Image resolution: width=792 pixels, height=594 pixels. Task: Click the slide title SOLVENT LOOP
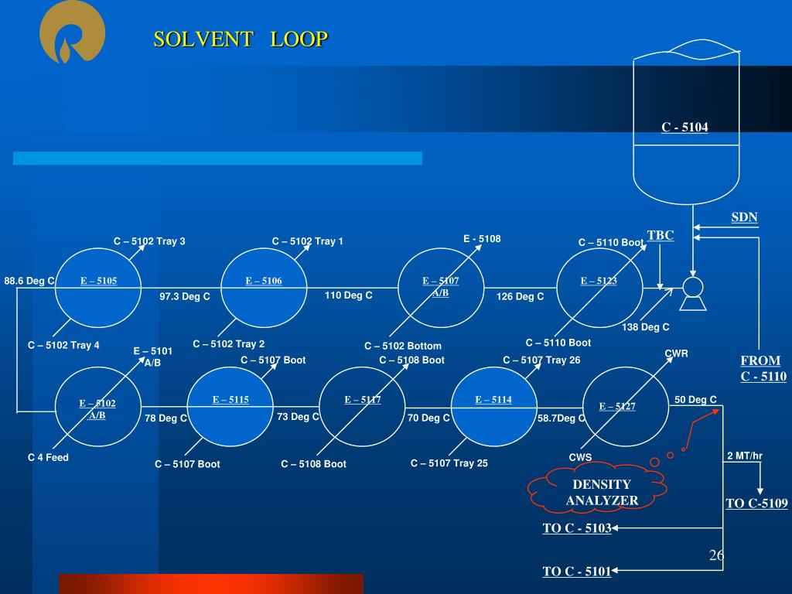(x=241, y=39)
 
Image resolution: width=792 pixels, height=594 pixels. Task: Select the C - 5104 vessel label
(x=684, y=127)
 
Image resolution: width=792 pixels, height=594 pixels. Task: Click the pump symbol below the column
(x=692, y=290)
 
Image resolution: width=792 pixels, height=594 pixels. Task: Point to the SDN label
(x=744, y=217)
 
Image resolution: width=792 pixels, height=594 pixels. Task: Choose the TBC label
(x=661, y=235)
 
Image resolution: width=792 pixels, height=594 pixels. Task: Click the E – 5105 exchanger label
(x=98, y=281)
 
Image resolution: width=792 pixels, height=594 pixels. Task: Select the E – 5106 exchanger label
(x=264, y=281)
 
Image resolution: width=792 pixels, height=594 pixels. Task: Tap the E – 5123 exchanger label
(x=599, y=281)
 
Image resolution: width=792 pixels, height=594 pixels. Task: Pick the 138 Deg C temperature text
(x=646, y=327)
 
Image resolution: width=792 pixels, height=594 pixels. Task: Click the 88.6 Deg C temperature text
(x=29, y=281)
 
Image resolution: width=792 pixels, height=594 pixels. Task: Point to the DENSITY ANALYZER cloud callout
(x=601, y=492)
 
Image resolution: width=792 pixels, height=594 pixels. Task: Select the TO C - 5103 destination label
(x=577, y=528)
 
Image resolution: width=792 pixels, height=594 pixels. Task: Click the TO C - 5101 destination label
(x=577, y=572)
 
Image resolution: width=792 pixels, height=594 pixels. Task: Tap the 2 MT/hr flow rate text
(x=745, y=456)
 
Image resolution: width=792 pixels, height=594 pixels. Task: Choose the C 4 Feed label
(x=48, y=457)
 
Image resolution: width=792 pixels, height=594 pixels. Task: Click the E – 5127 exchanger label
(x=617, y=406)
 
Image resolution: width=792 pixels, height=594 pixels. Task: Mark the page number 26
(x=716, y=555)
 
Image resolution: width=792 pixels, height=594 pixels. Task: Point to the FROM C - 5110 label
(x=763, y=369)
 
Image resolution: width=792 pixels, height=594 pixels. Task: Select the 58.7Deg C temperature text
(x=562, y=418)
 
